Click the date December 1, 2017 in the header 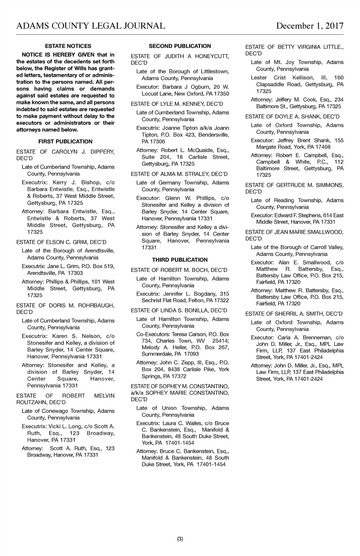tap(310, 26)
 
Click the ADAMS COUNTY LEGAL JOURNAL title tap(91, 26)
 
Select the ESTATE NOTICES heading tap(68, 46)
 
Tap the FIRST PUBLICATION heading tap(65, 141)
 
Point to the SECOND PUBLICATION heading tap(180, 46)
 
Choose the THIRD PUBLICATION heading tap(180, 260)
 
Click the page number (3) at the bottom tap(180, 539)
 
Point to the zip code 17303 tap(75, 273)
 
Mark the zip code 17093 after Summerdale tap(191, 354)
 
